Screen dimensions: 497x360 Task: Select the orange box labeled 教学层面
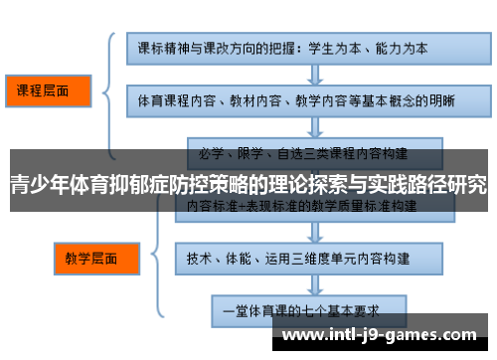point(90,261)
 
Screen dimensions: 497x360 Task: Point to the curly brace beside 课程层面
point(107,90)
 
